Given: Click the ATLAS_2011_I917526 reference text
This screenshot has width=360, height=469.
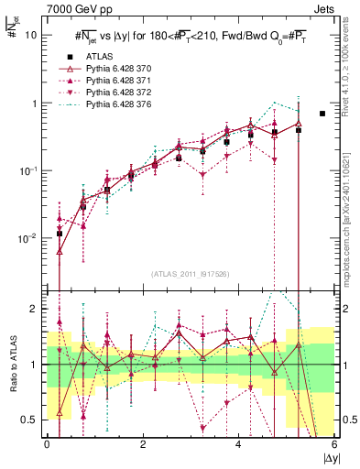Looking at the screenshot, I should [x=190, y=274].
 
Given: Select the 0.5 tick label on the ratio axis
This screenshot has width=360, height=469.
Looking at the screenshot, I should [x=29, y=420].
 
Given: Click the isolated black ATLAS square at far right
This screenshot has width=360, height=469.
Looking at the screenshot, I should [x=322, y=114].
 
